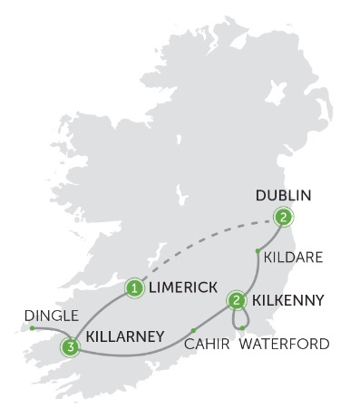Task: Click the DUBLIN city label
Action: [x=284, y=195]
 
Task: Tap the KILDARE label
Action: [x=289, y=258]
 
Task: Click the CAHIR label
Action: [x=206, y=344]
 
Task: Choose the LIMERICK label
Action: [x=184, y=287]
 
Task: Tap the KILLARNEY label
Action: [x=124, y=335]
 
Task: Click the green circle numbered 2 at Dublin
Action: [x=284, y=217]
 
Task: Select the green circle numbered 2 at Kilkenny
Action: [x=237, y=299]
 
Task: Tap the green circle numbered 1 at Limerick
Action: [x=134, y=288]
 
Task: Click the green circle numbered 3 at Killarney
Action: [x=69, y=346]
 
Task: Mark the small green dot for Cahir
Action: [x=193, y=329]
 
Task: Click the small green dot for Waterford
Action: [x=242, y=327]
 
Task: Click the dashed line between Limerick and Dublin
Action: [x=209, y=245]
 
